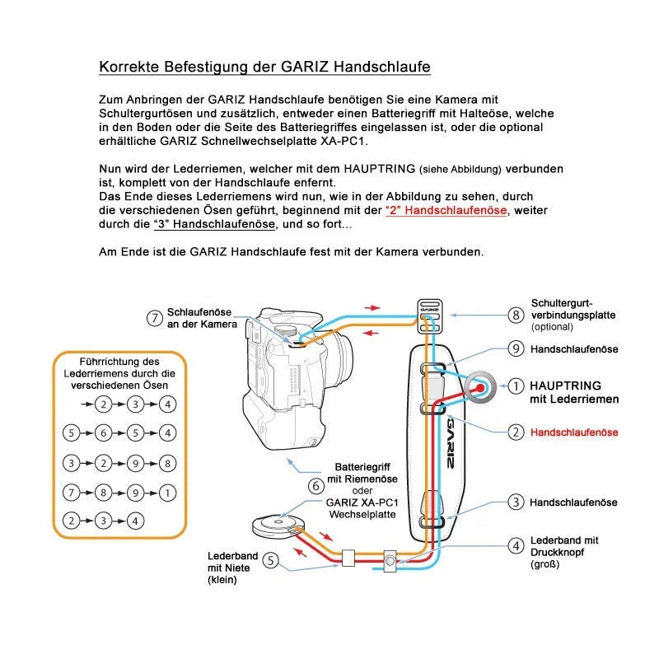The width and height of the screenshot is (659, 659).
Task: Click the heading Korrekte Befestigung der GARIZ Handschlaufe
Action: pyautogui.click(x=264, y=67)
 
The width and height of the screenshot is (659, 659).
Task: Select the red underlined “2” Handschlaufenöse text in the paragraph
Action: pyautogui.click(x=446, y=210)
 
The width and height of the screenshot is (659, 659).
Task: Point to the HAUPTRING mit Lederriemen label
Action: pyautogui.click(x=573, y=392)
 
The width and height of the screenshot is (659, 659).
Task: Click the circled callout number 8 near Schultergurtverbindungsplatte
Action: pyautogui.click(x=516, y=315)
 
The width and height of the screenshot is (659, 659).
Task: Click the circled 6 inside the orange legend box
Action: pyautogui.click(x=103, y=432)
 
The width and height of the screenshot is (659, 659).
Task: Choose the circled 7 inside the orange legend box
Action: pyautogui.click(x=71, y=493)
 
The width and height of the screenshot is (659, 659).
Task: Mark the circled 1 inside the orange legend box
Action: pyautogui.click(x=168, y=493)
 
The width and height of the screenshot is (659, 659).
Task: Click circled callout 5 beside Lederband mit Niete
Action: pyautogui.click(x=270, y=562)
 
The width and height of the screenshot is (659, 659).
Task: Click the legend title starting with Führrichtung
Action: pyautogui.click(x=120, y=373)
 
